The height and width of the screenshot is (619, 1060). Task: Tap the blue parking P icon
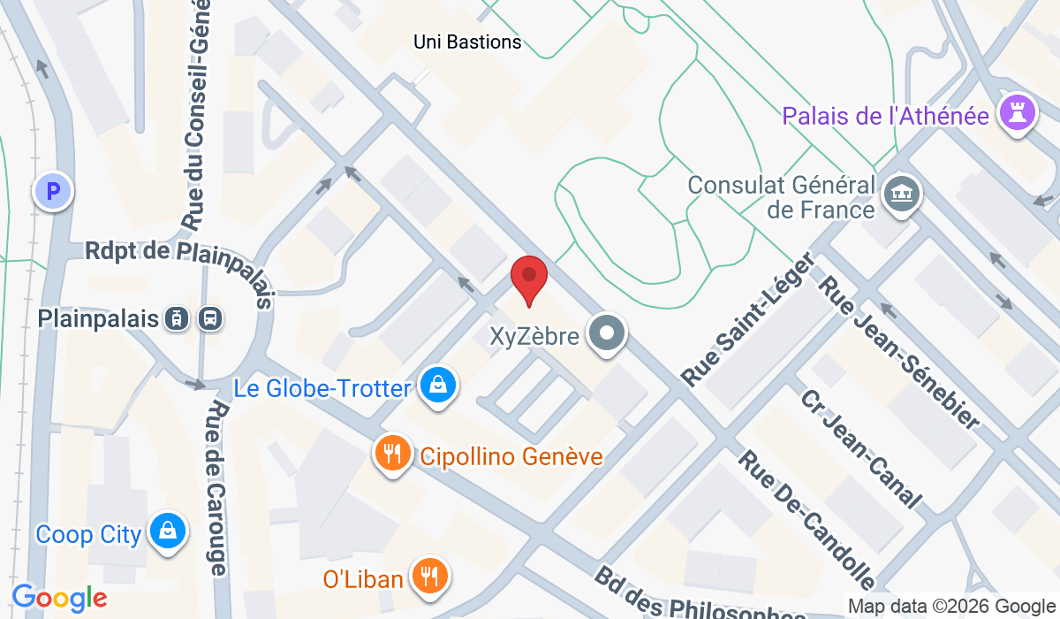pos(53,191)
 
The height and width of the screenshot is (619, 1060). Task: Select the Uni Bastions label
pos(467,41)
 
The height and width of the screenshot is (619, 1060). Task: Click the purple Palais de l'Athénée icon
pos(1015,113)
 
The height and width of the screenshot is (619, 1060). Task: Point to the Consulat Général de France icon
pos(902,193)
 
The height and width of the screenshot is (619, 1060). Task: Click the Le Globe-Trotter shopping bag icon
pos(437,386)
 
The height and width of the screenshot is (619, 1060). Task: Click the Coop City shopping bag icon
pos(165,531)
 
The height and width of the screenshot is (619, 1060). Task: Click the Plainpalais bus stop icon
pos(210,318)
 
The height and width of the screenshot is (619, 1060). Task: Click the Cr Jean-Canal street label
pos(862,449)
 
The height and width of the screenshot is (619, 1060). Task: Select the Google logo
pos(59,598)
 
